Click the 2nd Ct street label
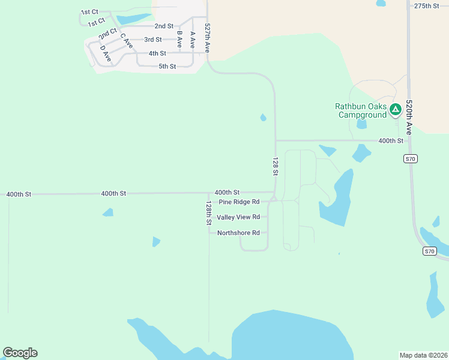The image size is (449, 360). tap(108, 32)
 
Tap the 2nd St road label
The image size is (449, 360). tap(164, 26)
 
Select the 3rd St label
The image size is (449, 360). tap(153, 40)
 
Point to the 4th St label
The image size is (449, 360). tap(157, 53)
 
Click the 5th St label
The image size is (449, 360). tap(167, 67)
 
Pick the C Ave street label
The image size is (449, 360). tap(126, 41)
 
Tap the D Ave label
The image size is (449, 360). tap(106, 53)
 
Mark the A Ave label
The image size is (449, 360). tap(192, 40)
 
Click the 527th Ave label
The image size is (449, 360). tap(207, 38)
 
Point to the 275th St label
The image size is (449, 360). tap(427, 5)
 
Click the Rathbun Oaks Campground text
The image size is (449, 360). tap(361, 110)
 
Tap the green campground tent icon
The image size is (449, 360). tap(395, 109)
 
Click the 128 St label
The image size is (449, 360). tap(275, 166)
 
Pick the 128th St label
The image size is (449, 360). tap(209, 213)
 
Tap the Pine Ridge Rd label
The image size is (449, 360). tap(239, 202)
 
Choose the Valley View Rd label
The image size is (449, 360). tap(238, 217)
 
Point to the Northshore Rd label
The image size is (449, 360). tap(238, 233)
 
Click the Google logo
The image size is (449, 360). tap(20, 353)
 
